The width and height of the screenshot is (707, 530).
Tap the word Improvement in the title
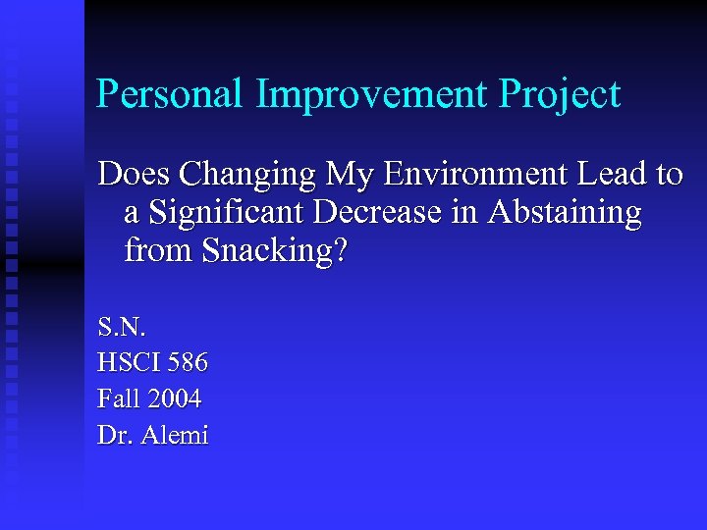372,95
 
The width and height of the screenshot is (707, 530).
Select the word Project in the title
560,95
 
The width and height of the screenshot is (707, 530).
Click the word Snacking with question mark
274,252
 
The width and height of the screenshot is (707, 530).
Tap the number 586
188,362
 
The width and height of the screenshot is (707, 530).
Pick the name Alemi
175,435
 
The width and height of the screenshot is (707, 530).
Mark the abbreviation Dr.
114,435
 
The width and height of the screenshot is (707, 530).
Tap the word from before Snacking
159,251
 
